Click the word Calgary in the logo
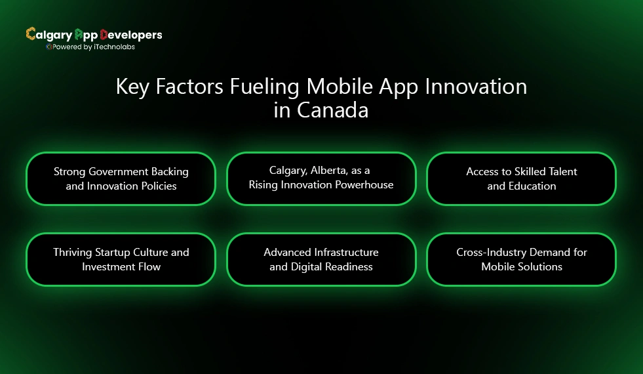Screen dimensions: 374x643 tap(49, 35)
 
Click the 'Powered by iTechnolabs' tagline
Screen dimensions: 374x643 tap(94, 47)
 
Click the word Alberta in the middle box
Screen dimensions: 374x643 tap(326, 171)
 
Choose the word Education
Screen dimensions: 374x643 tap(532, 186)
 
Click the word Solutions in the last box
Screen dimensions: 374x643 tap(541, 266)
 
